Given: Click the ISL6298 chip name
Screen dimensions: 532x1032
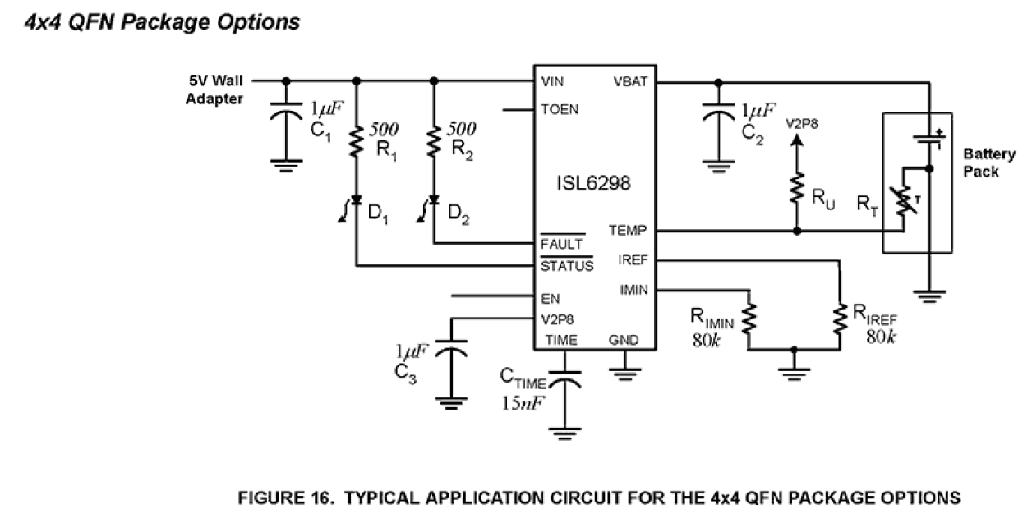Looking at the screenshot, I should pos(593,183).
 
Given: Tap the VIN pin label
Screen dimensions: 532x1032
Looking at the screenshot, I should pos(552,82).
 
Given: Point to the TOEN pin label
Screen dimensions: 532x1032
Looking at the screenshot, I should pos(559,109).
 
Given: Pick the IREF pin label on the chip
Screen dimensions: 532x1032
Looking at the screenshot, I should pos(633,260).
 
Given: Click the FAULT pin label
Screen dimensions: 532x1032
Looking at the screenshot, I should pos(561,245).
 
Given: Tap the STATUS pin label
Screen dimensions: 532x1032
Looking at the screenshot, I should pos(566,266).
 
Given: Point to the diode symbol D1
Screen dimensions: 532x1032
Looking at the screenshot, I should pos(356,201).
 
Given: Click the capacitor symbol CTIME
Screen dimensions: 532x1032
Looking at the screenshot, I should pos(564,379).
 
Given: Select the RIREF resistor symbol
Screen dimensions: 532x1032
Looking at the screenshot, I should pos(840,320).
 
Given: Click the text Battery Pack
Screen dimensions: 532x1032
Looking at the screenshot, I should pos(989,163).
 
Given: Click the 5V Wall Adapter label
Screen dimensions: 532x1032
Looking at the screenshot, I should pos(214,89).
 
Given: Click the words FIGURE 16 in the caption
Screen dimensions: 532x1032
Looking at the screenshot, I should pos(279,498).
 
